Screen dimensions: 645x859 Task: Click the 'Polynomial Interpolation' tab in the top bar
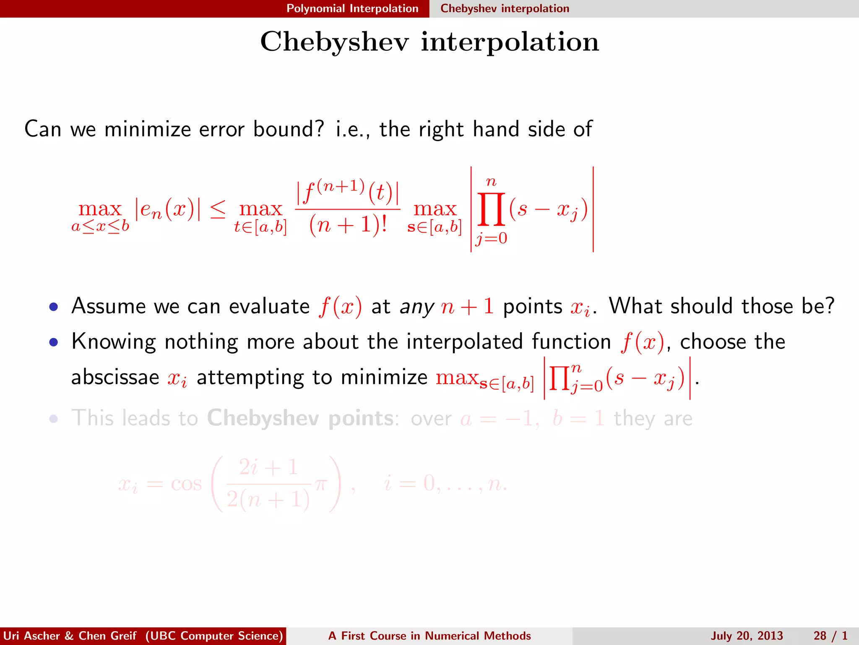point(352,8)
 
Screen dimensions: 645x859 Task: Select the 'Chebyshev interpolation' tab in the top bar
point(505,8)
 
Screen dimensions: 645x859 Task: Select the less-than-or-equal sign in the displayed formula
point(217,209)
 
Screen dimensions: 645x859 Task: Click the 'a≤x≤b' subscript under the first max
point(100,227)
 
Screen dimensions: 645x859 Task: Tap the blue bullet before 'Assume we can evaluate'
point(53,307)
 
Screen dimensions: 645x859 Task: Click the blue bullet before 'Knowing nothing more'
point(53,342)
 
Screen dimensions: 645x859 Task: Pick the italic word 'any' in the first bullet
point(416,307)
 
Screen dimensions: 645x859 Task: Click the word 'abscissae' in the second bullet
point(115,377)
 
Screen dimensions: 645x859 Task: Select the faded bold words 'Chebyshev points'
point(300,418)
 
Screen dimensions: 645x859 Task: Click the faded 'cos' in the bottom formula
point(186,484)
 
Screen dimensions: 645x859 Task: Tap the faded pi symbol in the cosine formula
point(320,484)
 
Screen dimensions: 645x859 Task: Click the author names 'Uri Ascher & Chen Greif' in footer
point(70,636)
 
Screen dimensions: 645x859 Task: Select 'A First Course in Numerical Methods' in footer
point(429,636)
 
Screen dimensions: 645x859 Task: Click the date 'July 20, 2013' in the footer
point(747,636)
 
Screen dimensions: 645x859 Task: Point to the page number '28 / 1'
point(830,636)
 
